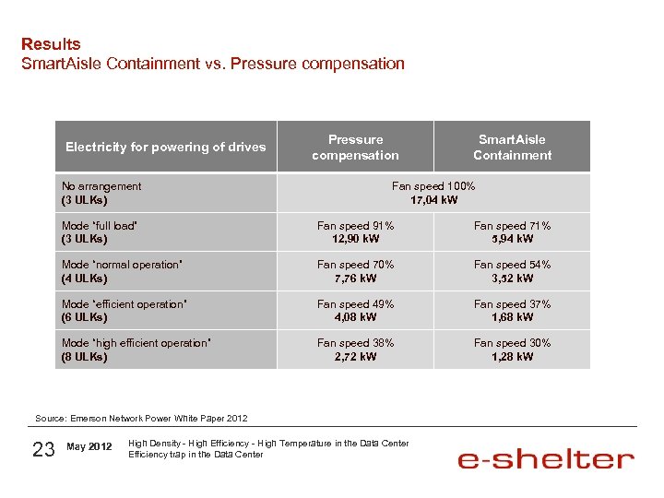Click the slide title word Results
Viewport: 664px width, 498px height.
[51, 43]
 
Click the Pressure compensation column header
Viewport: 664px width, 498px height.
[355, 148]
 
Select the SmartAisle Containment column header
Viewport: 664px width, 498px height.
[512, 148]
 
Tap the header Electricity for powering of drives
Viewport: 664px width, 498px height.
[165, 147]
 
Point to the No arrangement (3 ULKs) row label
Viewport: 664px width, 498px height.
[101, 193]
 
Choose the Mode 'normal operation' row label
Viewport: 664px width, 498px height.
[121, 271]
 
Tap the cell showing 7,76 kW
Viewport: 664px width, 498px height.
[355, 279]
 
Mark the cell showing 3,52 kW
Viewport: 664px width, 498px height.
[512, 279]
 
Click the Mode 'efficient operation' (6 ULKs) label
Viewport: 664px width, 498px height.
[125, 310]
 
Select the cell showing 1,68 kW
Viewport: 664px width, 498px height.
[512, 317]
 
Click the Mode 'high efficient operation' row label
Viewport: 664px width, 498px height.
[136, 350]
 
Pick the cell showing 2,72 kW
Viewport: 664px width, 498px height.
[355, 357]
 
